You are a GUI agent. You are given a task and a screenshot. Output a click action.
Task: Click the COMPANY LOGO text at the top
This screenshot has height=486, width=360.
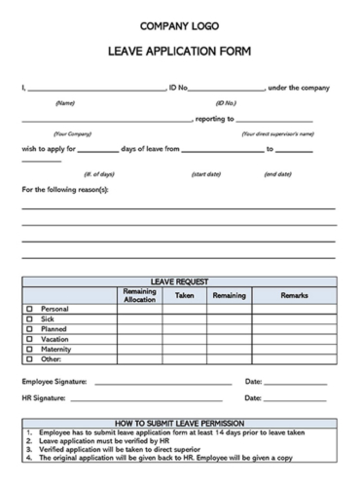pyautogui.click(x=180, y=26)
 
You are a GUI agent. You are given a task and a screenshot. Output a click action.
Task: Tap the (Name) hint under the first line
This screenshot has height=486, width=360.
pyautogui.click(x=65, y=102)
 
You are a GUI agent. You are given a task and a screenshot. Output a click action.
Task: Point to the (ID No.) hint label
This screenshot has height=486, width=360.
pyautogui.click(x=226, y=102)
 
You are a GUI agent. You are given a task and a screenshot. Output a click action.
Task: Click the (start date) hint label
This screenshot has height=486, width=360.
pyautogui.click(x=205, y=173)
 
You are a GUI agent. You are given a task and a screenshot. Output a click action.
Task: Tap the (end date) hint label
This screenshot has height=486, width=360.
pyautogui.click(x=278, y=173)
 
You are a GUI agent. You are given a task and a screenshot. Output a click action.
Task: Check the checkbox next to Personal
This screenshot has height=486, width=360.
pyautogui.click(x=29, y=309)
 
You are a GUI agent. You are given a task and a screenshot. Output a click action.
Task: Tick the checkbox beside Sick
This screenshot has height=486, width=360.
pyautogui.click(x=29, y=318)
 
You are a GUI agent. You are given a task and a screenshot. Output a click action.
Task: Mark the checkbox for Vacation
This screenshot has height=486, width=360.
pyautogui.click(x=29, y=338)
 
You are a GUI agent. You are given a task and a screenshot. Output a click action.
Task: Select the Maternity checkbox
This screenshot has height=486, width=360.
pyautogui.click(x=29, y=348)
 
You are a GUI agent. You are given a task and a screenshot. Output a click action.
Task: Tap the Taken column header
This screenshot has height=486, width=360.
pyautogui.click(x=184, y=295)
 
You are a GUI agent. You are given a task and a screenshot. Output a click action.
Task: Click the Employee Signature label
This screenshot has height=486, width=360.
pyautogui.click(x=54, y=382)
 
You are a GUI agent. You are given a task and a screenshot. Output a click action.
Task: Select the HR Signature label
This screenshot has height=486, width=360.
pyautogui.click(x=45, y=398)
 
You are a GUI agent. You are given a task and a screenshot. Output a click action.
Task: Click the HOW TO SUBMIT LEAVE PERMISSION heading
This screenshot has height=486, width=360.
pyautogui.click(x=180, y=423)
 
